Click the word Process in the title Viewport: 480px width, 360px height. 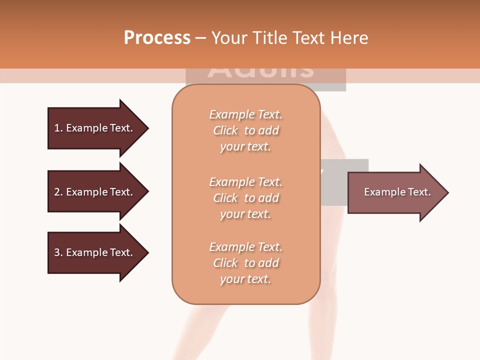tap(157, 38)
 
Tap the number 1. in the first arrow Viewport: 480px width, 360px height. tap(58, 128)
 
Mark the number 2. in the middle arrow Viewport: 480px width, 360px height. tap(58, 192)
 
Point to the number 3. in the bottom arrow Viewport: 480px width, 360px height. tap(58, 252)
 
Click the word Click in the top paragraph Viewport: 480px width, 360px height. tap(225, 130)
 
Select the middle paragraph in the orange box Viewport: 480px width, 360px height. tap(245, 198)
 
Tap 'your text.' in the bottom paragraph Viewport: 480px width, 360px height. tap(245, 279)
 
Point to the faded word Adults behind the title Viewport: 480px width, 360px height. tap(261, 72)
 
